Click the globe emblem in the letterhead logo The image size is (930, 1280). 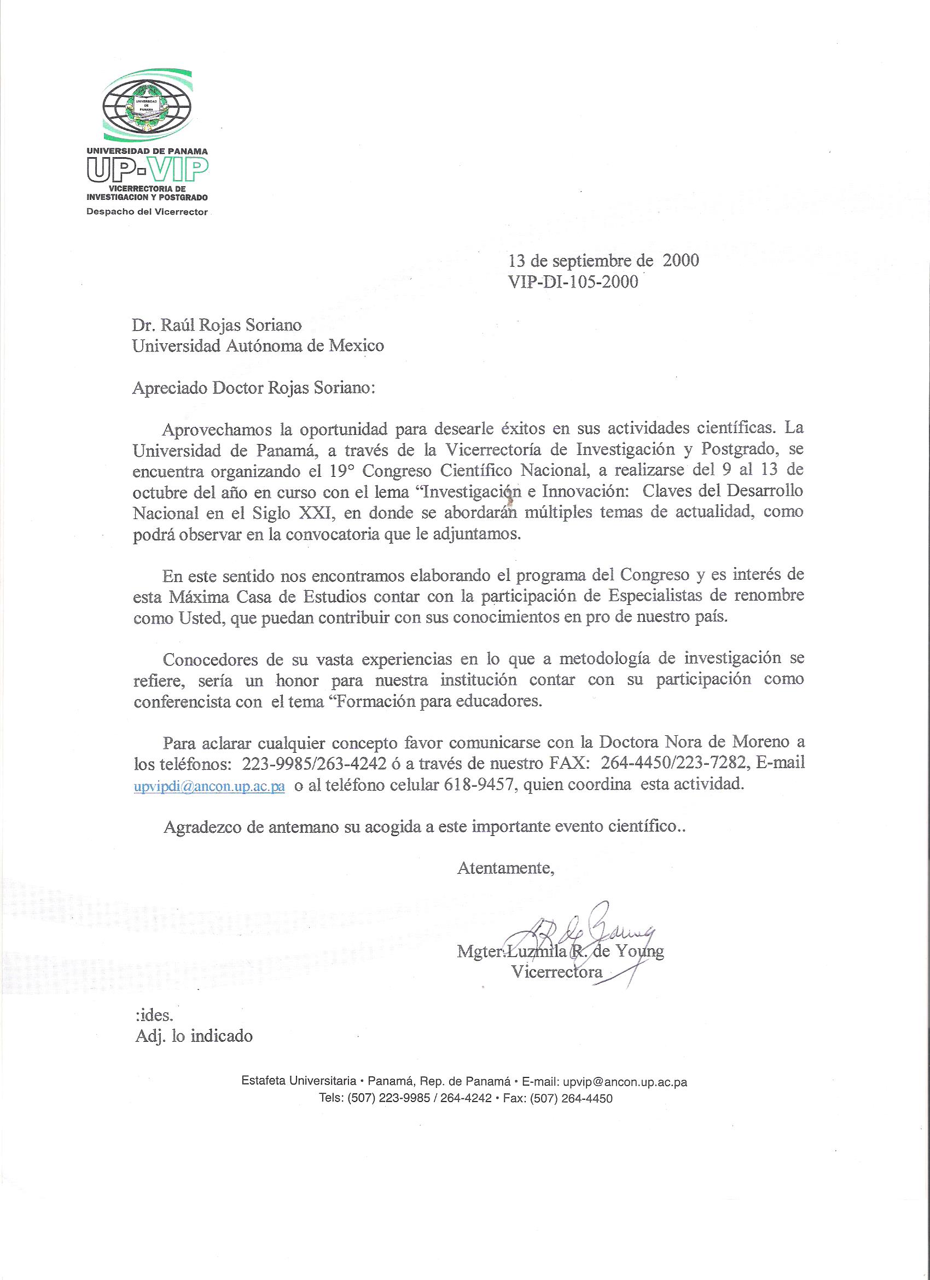point(146,107)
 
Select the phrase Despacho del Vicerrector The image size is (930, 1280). point(147,212)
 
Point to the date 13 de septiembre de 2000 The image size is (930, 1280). point(603,260)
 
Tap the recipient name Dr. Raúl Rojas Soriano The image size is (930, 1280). point(217,325)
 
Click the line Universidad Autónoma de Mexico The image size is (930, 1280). point(258,345)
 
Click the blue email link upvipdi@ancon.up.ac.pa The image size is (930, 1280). point(208,787)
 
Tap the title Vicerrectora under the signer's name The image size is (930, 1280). point(557,972)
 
